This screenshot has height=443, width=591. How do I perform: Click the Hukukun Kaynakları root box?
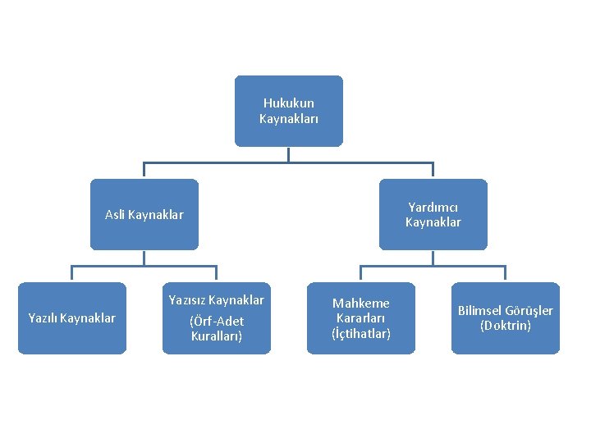288,111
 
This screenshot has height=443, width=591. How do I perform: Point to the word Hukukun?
288,103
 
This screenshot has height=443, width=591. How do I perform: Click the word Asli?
115,215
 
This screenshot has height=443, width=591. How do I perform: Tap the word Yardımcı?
433,208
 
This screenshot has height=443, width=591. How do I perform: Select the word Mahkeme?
361,304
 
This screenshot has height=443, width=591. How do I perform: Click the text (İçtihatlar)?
361,333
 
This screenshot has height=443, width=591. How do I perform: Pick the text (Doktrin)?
506,325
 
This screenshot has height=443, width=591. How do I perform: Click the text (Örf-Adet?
217,321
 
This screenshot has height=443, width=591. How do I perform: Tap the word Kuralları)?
217,336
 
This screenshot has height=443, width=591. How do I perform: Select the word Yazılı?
43,317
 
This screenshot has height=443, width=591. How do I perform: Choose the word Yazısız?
185,300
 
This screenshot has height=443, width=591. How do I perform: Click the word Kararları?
361,318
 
